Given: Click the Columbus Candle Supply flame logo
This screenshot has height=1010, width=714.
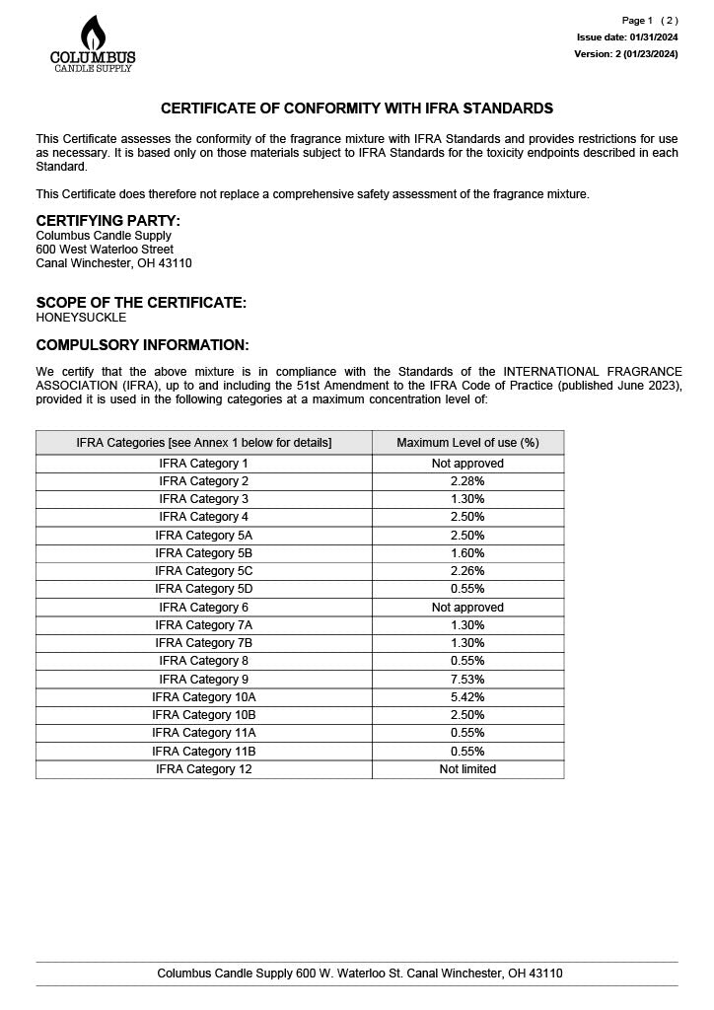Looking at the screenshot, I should pos(93,44).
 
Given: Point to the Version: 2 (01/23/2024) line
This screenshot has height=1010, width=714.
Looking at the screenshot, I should pos(626,54).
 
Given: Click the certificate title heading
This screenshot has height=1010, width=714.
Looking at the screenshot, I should pos(357,108).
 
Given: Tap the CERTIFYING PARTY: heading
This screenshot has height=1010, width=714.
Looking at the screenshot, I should pos(107,221).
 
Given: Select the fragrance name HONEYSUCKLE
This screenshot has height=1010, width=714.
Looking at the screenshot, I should pos(81,318).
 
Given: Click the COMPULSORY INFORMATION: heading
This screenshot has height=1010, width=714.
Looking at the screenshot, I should pos(142,345).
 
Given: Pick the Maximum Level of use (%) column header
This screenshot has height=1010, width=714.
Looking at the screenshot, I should pos(467,443).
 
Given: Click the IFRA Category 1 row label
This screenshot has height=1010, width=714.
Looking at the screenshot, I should pos(204,464).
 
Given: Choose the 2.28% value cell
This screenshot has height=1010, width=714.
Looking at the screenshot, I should pos(467,481).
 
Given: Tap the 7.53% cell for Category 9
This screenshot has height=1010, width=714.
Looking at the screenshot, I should pos(467,680).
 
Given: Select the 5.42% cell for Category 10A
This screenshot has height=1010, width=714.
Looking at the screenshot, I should pos(467,697).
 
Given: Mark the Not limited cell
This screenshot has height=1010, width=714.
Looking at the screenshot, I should pos(467,769).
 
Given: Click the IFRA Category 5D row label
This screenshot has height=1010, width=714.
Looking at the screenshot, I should pos(204,589).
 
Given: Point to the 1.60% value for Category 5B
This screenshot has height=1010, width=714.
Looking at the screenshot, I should pos(467,553).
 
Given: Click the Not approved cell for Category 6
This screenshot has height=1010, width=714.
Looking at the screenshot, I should pos(467,608).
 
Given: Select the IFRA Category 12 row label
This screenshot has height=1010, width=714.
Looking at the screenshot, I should pos(204,769).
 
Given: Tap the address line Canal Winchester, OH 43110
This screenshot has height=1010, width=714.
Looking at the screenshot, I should pos(113,263).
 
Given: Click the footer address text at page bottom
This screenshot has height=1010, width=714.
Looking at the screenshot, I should pos(360,974).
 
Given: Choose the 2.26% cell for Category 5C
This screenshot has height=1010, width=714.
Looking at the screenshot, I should pos(467,571).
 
